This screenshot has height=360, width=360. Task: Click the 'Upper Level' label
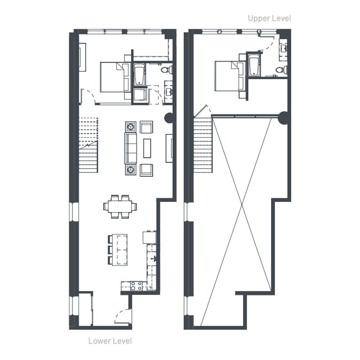pos(269,18)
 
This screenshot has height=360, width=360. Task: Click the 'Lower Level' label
pos(110,341)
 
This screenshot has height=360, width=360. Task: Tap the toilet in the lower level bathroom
pos(167,69)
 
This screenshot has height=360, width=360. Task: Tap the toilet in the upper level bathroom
pos(282,69)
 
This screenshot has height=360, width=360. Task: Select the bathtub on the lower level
pos(139,75)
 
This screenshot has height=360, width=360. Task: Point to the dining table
pos(120,206)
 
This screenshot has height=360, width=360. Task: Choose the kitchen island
pos(120,250)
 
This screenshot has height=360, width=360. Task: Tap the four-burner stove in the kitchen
pos(136,286)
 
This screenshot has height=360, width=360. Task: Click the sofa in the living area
pos(130,148)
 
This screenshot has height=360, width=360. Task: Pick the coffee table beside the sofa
pos(147,148)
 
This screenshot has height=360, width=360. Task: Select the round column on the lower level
pos(169,118)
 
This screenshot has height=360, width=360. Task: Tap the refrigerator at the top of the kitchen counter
pos(149,237)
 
